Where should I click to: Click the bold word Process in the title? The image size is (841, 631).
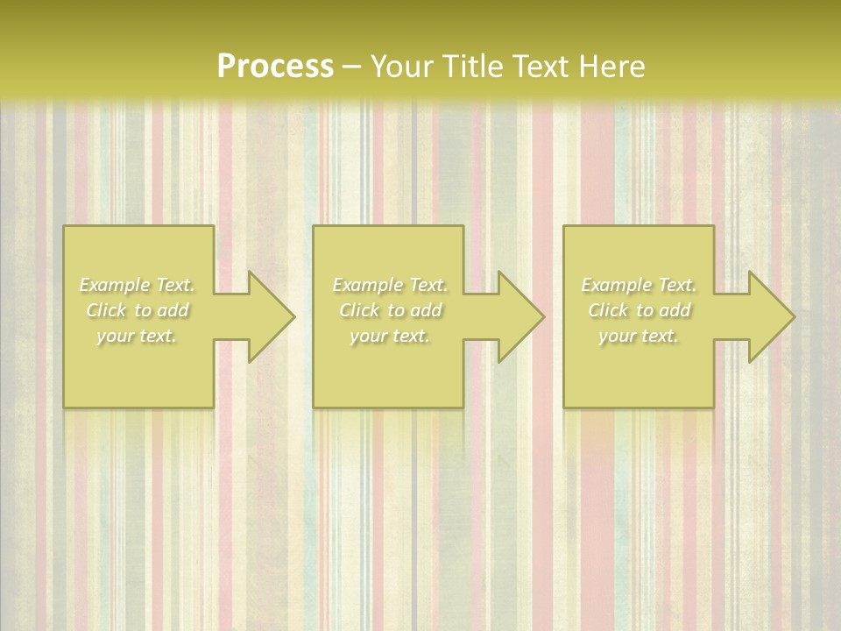(275, 67)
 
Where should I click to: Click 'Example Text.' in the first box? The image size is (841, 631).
(138, 285)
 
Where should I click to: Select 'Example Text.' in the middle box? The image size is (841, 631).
(389, 285)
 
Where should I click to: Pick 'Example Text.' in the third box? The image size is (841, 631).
(639, 285)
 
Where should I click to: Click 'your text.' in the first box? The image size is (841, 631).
(138, 336)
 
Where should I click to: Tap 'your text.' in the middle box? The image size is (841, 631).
(389, 336)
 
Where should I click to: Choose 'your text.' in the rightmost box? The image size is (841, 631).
(639, 336)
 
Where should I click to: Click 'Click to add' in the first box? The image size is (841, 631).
(138, 310)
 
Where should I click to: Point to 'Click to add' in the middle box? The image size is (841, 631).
(389, 310)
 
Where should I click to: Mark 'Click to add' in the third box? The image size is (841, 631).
(639, 310)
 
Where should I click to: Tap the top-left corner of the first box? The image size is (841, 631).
(64, 226)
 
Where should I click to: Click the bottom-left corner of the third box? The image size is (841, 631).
(564, 407)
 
